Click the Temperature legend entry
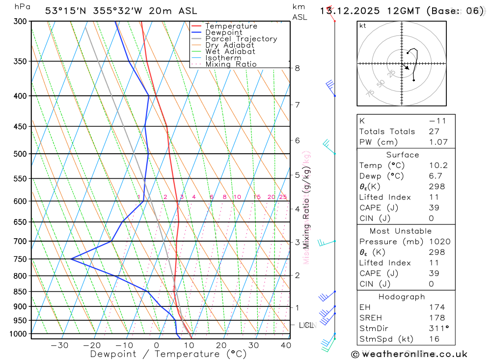click(231, 26)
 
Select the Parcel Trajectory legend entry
click(241, 39)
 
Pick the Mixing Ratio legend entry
click(231, 64)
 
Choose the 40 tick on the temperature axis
click(285, 345)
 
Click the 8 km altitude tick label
click(298, 68)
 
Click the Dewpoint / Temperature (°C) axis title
click(168, 354)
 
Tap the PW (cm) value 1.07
click(438, 142)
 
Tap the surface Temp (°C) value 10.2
click(438, 166)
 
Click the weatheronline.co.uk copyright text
click(409, 354)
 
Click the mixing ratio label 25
click(283, 197)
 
